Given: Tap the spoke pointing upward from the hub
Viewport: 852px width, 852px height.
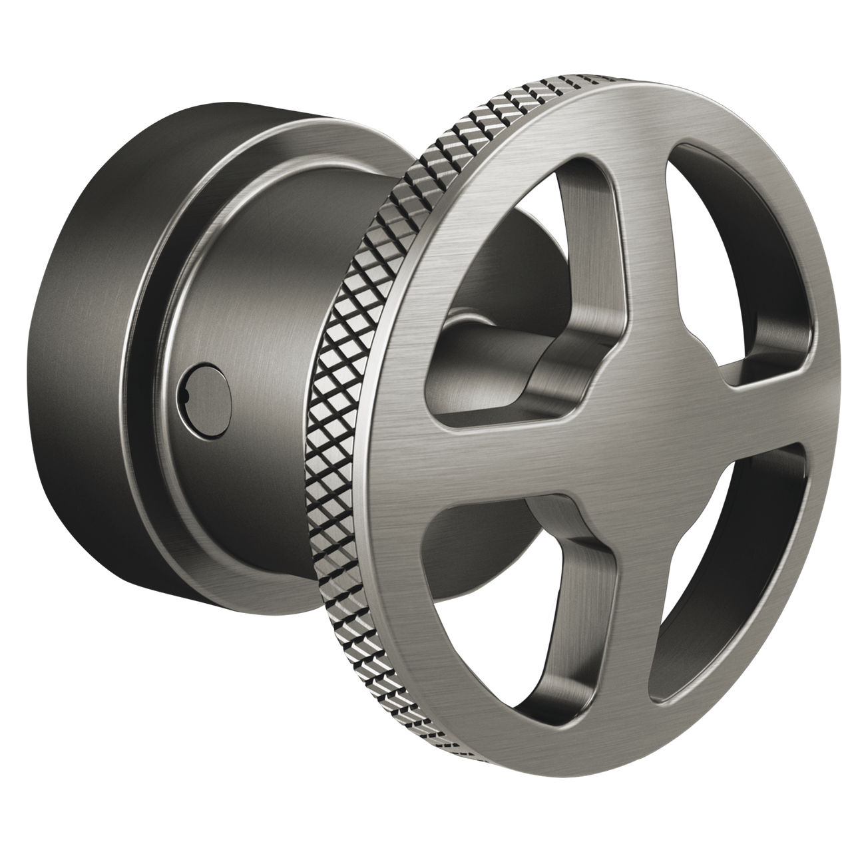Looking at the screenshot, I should point(639,233).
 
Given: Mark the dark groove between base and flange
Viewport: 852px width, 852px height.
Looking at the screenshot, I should point(133,373).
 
